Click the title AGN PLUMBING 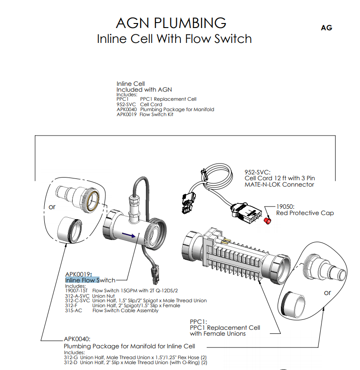click(171, 23)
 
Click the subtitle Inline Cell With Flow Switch click(174, 38)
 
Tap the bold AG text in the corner click(326, 28)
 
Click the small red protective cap click(267, 221)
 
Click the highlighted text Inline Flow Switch click(90, 280)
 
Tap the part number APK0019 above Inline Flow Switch click(78, 274)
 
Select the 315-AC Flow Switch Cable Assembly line click(112, 311)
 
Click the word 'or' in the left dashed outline click(52, 207)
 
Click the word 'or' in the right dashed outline click(327, 293)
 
